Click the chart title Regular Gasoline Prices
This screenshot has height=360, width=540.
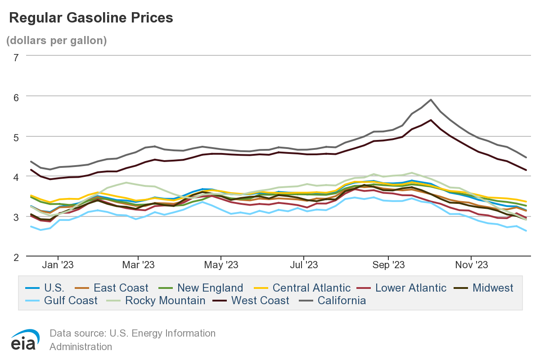coord(91,18)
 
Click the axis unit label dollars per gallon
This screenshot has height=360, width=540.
coord(56,40)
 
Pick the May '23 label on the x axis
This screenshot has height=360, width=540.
coord(221,265)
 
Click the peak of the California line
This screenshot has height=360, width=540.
coord(431,99)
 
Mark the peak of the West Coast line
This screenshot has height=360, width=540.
coord(431,120)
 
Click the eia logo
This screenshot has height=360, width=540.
coord(25,340)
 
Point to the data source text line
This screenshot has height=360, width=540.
coord(132,333)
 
